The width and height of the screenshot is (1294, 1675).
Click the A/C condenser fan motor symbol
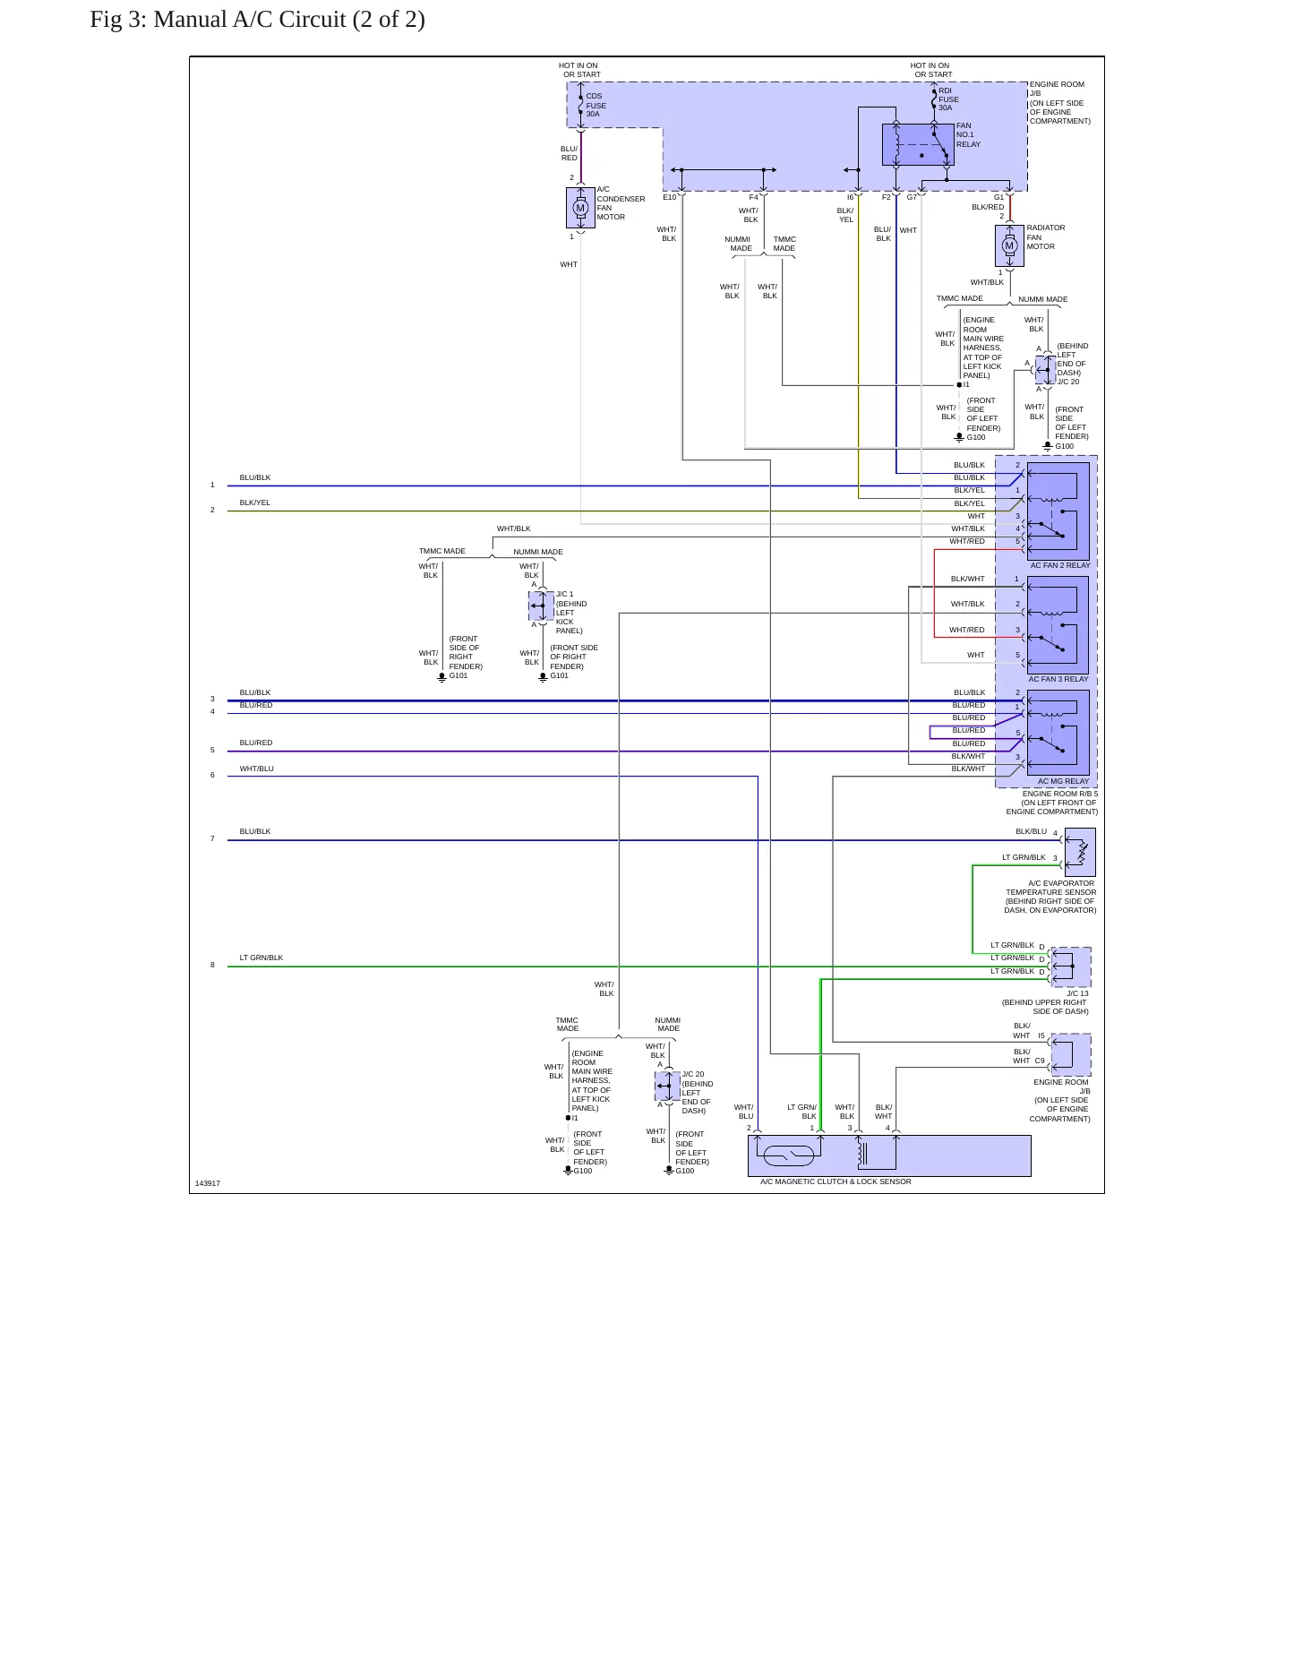coord(580,208)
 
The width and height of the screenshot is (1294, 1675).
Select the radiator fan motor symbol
coord(1009,245)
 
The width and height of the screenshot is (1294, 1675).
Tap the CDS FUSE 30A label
coord(596,105)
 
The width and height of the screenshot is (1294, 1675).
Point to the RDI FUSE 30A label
coord(948,99)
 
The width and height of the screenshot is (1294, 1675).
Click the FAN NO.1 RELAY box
coord(918,144)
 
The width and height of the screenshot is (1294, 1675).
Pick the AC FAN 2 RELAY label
coord(1060,565)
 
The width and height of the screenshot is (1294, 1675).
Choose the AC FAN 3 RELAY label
coord(1058,679)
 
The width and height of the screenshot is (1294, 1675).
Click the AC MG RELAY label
coord(1064,781)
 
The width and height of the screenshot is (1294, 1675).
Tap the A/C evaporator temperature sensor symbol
coord(1081,852)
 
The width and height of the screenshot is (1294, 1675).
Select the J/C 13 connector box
coord(1071,966)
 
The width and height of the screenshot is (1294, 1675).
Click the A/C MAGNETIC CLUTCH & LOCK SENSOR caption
coord(836,1181)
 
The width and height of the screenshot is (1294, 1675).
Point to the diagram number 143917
coord(208,1183)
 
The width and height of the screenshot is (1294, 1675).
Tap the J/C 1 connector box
coord(542,606)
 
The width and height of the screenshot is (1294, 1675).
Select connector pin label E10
coord(670,197)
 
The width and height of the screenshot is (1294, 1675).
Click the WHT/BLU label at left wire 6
coord(257,769)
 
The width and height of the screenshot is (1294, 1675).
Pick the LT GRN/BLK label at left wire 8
coord(261,958)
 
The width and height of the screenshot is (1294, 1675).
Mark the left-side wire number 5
coord(212,750)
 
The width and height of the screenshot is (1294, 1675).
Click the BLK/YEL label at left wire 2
coord(255,502)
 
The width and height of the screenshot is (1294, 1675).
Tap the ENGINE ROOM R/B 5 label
coord(1060,794)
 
